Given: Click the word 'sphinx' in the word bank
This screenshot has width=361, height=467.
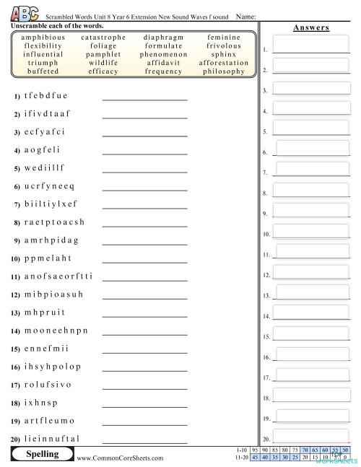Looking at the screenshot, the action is pyautogui.click(x=224, y=54).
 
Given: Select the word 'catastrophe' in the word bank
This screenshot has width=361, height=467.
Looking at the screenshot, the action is pyautogui.click(x=103, y=37).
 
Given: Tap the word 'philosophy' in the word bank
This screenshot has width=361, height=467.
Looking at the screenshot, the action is pyautogui.click(x=224, y=71).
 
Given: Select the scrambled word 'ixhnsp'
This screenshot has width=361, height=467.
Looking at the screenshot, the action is pyautogui.click(x=40, y=402).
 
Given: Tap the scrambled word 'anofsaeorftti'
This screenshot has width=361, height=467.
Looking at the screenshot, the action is pyautogui.click(x=58, y=276).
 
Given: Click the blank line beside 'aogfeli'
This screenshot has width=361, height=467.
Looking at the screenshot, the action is pyautogui.click(x=144, y=153).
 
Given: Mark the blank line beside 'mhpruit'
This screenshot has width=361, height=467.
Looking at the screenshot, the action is pyautogui.click(x=144, y=315).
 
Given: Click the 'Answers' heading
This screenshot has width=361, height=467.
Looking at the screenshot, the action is pyautogui.click(x=311, y=27).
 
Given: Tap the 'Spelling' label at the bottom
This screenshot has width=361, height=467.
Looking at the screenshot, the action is pyautogui.click(x=42, y=454).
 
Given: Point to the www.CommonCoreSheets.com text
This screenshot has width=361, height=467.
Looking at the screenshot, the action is pyautogui.click(x=120, y=458).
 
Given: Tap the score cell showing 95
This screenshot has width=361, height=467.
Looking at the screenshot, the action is pyautogui.click(x=254, y=450).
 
